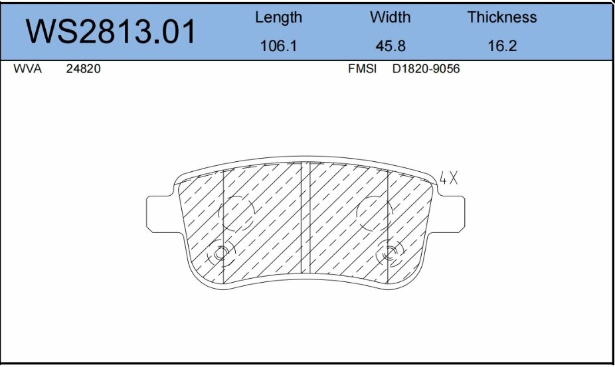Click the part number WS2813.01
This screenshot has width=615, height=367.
(x=111, y=31)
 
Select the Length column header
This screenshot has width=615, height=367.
(x=278, y=18)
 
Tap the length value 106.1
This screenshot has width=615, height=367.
(x=278, y=46)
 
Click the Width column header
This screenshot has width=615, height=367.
(x=390, y=18)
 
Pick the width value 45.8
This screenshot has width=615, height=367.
(x=390, y=46)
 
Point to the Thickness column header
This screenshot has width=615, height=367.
(x=501, y=18)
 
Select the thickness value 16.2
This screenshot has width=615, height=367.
(x=501, y=46)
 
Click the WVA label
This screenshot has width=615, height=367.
(x=27, y=69)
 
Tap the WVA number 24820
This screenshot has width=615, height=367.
(x=83, y=69)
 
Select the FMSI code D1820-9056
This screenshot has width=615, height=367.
(x=426, y=69)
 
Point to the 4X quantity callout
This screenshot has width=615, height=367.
(x=449, y=177)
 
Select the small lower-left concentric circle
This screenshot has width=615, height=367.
(x=220, y=253)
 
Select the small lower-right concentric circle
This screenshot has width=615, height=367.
(x=390, y=253)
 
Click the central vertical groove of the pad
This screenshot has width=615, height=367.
(x=306, y=219)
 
